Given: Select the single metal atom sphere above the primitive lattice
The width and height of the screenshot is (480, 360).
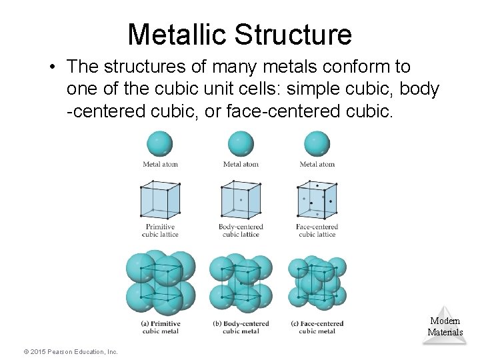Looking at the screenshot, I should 160,143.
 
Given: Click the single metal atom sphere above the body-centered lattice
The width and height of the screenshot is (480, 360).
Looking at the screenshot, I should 241,143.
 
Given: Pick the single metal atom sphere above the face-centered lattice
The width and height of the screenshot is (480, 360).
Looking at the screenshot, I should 317,143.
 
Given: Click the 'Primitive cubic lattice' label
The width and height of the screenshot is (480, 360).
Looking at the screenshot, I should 160,231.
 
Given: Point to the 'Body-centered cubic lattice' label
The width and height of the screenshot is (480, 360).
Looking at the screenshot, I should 241,231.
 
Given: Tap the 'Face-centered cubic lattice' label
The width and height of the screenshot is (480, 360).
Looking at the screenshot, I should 317,231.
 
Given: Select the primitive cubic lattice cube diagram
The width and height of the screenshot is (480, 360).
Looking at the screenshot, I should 160,199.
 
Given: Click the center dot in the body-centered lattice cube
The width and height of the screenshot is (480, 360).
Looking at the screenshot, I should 241,199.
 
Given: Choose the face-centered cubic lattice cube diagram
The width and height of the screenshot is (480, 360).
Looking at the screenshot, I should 317,199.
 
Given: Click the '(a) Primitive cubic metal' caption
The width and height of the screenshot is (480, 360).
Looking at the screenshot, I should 160,327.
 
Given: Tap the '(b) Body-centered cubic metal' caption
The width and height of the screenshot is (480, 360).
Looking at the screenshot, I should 241,327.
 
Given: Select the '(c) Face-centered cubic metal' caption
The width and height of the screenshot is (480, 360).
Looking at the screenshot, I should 317,327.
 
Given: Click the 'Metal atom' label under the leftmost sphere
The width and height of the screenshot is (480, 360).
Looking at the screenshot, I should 160,165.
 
